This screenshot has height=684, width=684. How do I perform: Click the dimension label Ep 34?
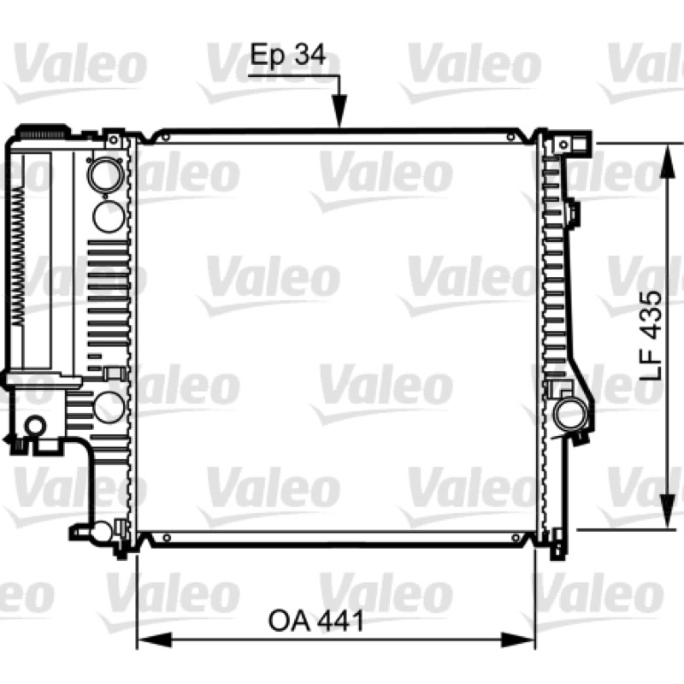pos(288,56)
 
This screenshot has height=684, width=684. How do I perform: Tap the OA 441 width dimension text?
pos(315,621)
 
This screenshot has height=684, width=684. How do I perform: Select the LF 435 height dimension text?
pos(652,336)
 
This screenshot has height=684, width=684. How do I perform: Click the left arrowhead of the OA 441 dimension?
pos(155,640)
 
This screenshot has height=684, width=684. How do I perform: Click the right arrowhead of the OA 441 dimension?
pos(518,640)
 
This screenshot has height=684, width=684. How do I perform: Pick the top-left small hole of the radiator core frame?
pos(165,138)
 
